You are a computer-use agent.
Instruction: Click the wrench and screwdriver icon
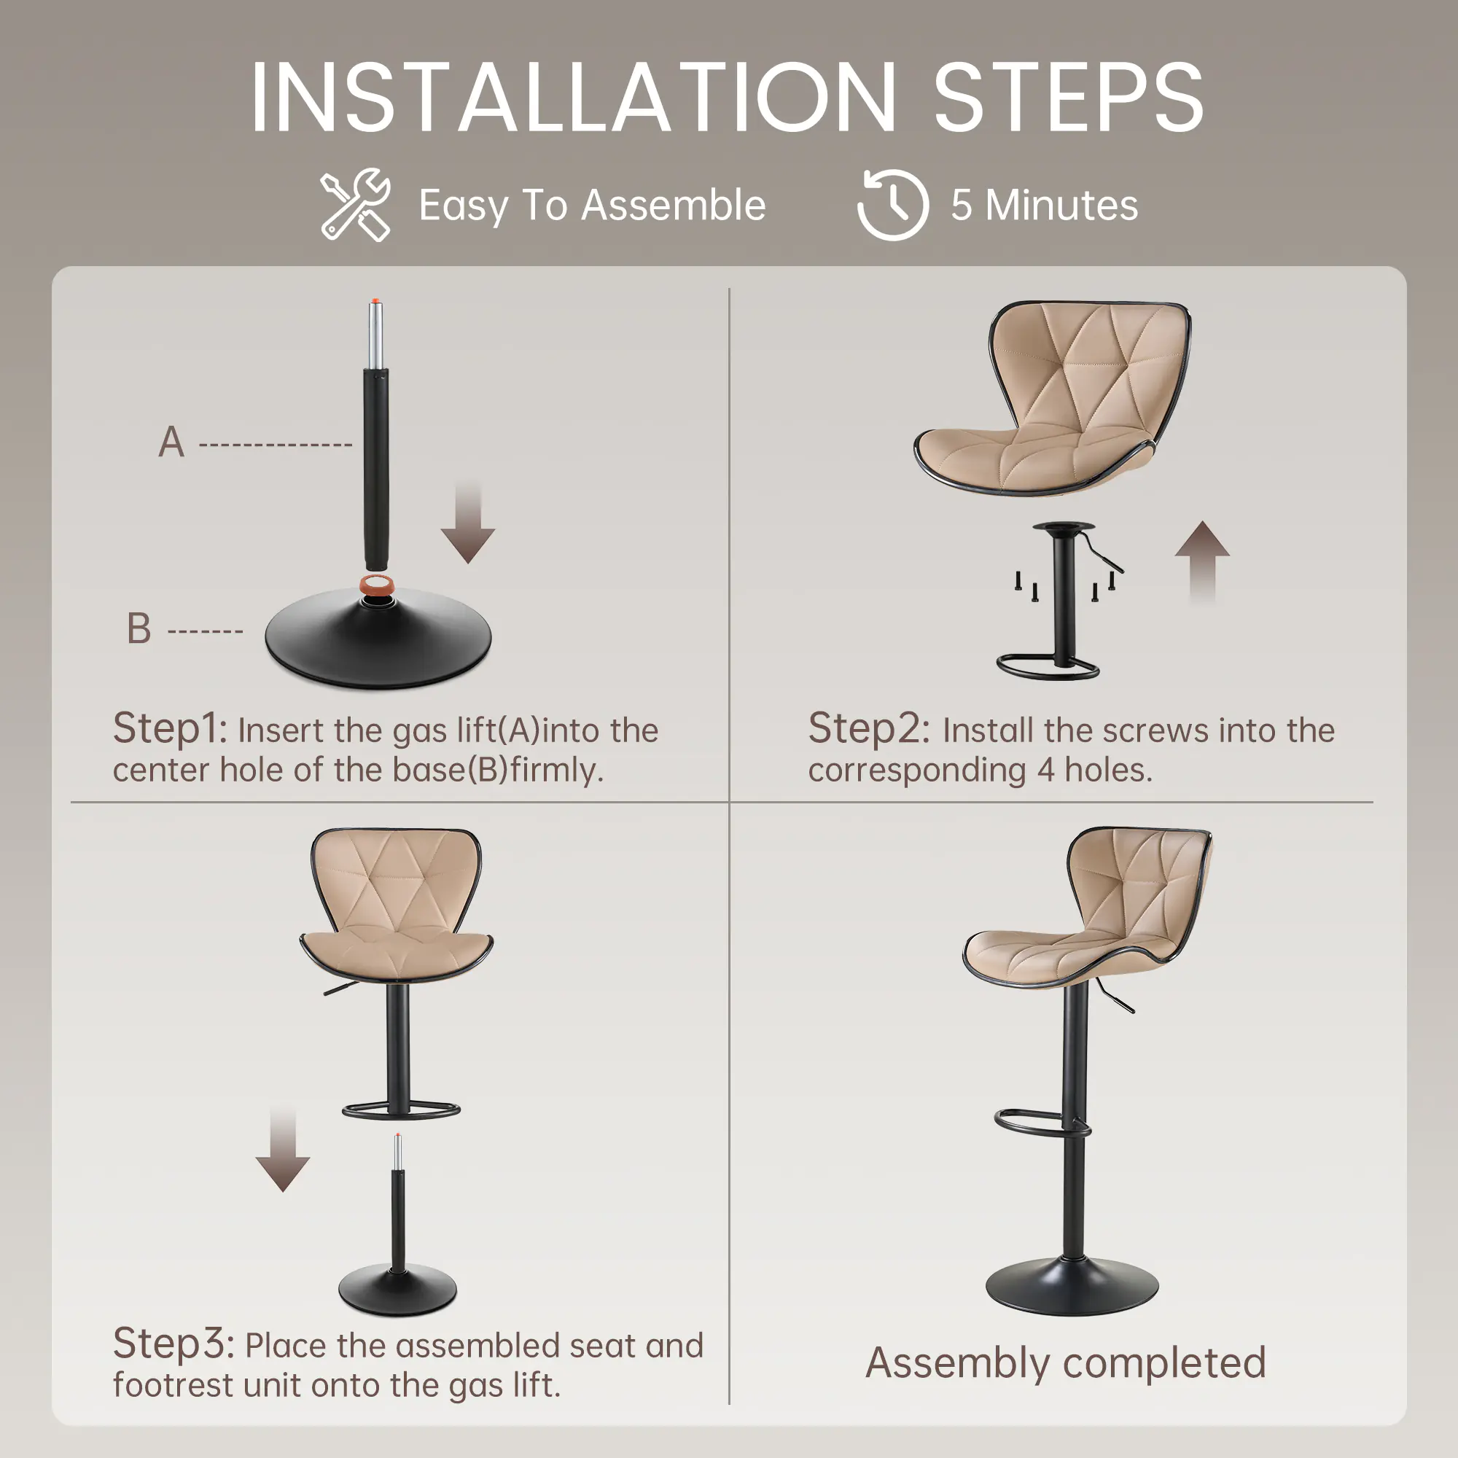(356, 205)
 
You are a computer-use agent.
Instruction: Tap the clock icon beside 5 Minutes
(893, 205)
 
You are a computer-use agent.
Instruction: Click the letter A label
(171, 443)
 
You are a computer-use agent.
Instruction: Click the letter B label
(139, 628)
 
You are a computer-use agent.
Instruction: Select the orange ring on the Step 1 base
(378, 584)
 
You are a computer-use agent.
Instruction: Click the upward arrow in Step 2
(1202, 563)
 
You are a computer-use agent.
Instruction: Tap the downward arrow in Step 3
(283, 1149)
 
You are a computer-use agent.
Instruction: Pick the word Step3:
(174, 1346)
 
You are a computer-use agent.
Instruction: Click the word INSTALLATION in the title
(574, 98)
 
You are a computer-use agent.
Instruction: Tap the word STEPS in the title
(1069, 98)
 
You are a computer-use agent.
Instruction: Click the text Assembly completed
(1066, 1364)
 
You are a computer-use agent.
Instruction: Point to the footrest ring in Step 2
(1048, 667)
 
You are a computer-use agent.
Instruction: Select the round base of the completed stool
(1072, 1287)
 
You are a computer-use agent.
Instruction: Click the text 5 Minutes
(1045, 206)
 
